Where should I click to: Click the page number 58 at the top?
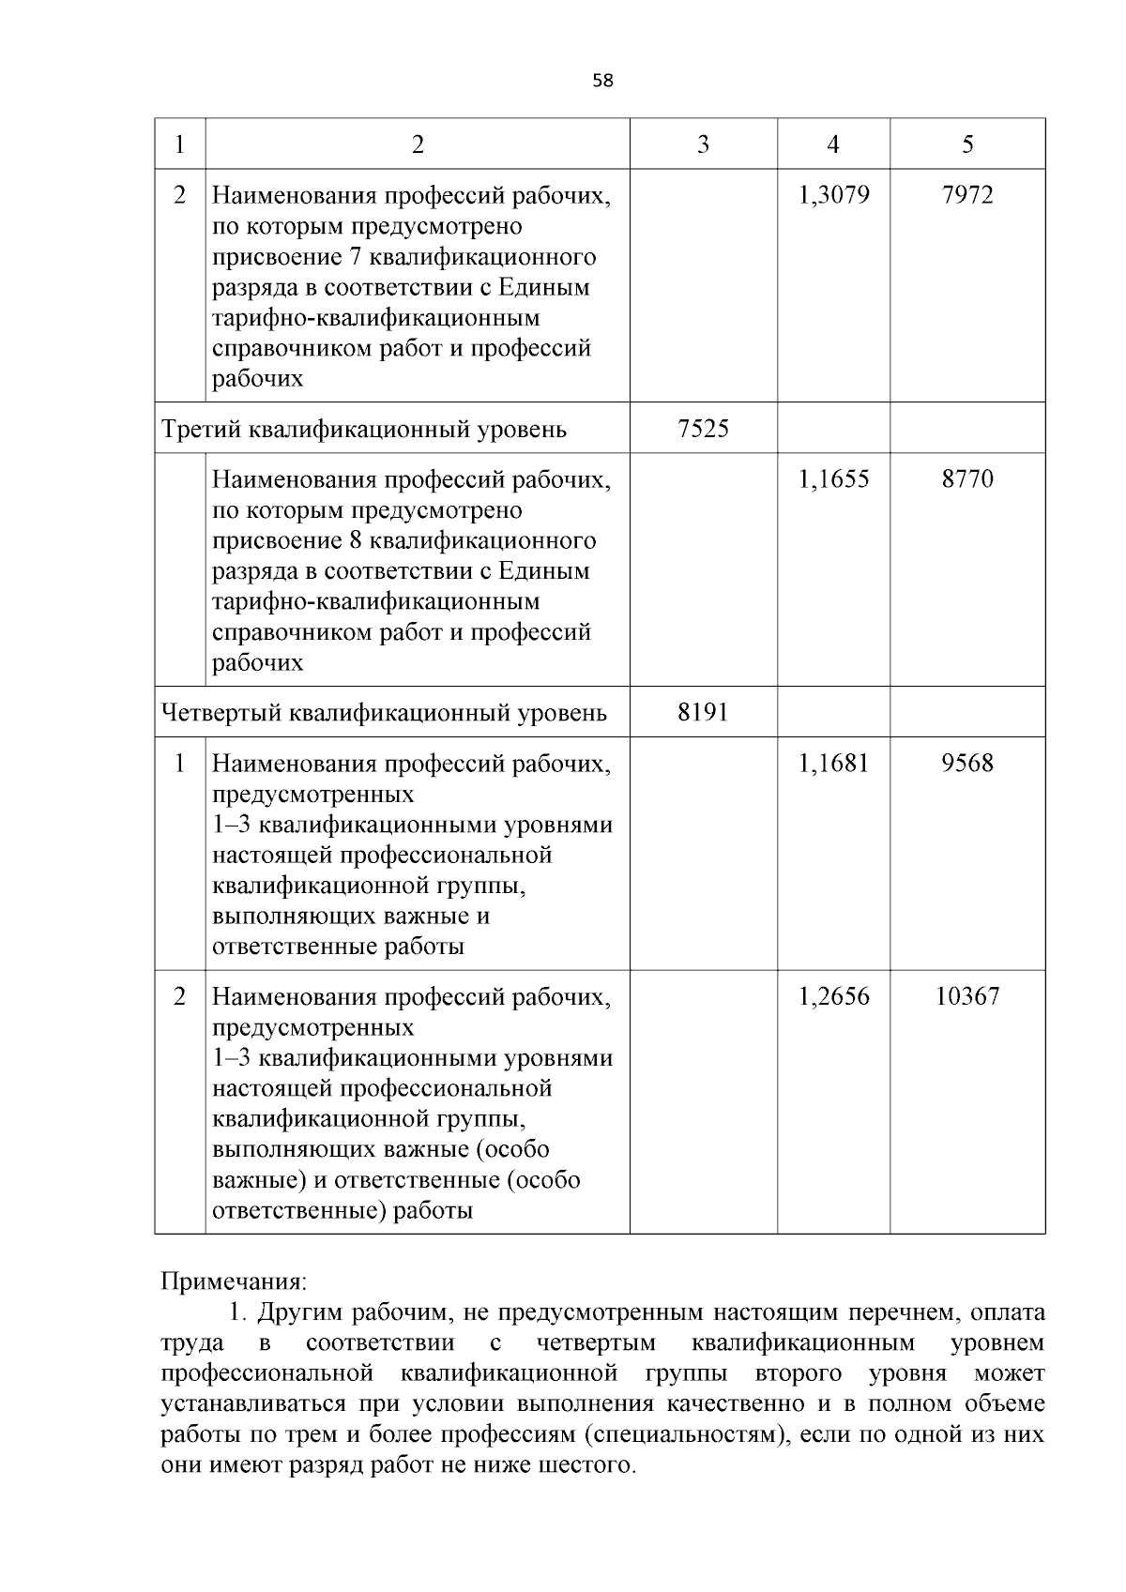click(602, 81)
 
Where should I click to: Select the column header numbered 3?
click(703, 144)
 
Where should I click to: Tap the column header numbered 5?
click(967, 144)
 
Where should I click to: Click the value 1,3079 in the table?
click(833, 195)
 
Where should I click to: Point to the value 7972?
click(967, 195)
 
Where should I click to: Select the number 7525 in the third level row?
click(703, 429)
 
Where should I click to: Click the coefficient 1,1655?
click(833, 479)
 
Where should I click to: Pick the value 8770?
click(967, 479)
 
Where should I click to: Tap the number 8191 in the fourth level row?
click(703, 713)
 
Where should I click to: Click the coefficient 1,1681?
click(833, 764)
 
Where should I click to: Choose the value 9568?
click(967, 764)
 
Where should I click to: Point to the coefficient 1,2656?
click(833, 996)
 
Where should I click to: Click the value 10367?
click(967, 996)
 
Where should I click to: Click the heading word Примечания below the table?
click(234, 1281)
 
